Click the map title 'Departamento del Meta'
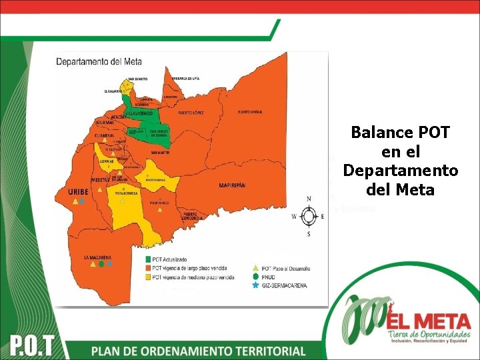coord(99,62)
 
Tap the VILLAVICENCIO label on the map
coord(137,113)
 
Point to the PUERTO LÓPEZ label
coord(190,113)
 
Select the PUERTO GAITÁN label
coord(251,111)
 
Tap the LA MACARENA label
coord(97,257)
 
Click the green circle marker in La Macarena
coord(101,265)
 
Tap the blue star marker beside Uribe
coord(82,201)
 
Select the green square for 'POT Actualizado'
coord(147,259)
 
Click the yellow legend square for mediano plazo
coord(147,277)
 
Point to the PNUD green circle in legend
coord(256,277)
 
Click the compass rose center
coord(309,216)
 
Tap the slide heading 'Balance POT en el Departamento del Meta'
coord(400,161)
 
